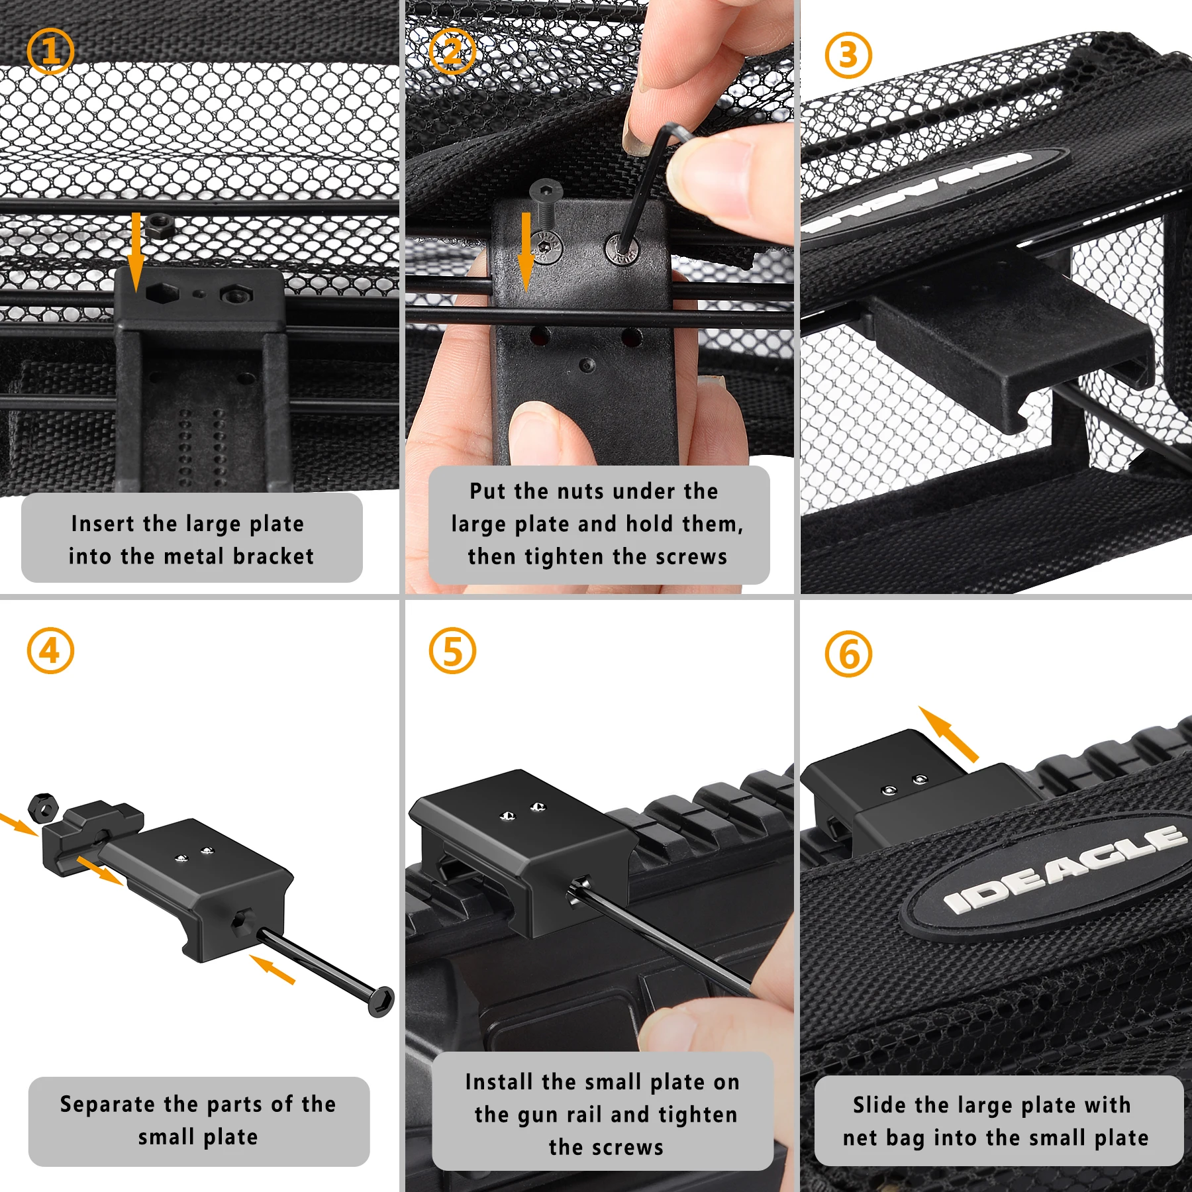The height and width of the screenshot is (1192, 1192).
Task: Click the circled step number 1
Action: click(x=50, y=51)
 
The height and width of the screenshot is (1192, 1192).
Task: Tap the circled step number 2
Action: click(x=452, y=51)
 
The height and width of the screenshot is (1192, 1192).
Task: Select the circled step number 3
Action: click(x=848, y=55)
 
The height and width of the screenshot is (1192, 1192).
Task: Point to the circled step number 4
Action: click(x=50, y=650)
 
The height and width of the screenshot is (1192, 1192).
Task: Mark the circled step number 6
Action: click(x=848, y=654)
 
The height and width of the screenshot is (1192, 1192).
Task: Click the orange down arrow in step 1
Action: click(x=136, y=252)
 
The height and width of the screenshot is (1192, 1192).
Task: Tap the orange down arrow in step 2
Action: click(x=526, y=252)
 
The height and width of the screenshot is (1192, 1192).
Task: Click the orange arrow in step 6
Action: click(x=948, y=734)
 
